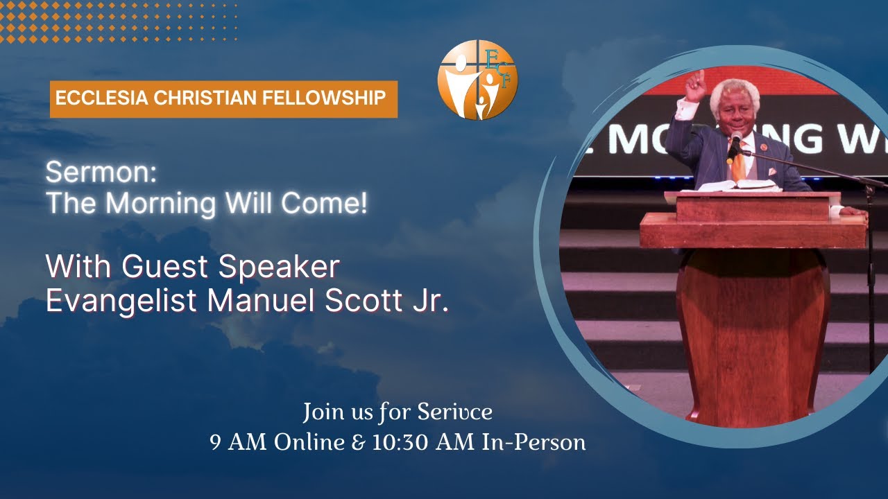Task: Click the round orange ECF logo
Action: (477, 80)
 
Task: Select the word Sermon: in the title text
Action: (101, 173)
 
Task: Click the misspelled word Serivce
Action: (454, 412)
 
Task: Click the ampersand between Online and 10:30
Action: (358, 442)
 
